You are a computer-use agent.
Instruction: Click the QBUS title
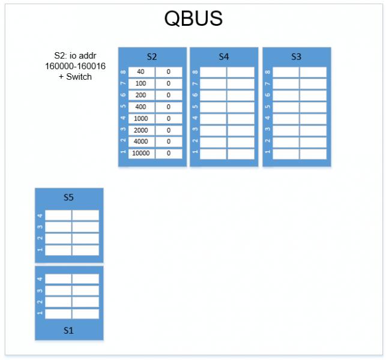tap(193, 19)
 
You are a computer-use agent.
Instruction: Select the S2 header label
tap(152, 57)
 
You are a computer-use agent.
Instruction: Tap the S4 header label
tap(224, 57)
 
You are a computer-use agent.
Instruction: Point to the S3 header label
tap(296, 57)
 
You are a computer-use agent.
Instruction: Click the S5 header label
tap(68, 197)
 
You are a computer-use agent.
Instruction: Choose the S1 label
tap(68, 330)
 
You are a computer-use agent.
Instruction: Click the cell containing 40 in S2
tap(141, 72)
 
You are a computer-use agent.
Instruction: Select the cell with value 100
tap(141, 83)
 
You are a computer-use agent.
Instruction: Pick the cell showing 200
tap(141, 95)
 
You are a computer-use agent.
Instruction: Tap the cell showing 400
tap(141, 107)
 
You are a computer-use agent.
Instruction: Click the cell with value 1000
tap(141, 118)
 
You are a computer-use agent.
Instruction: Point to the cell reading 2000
tap(141, 130)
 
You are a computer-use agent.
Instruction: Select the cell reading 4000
tap(141, 142)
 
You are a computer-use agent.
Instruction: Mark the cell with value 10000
tap(141, 154)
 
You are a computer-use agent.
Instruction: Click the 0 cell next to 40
tap(169, 72)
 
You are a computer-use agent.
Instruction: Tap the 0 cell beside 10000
tap(169, 154)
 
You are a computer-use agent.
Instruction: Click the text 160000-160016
tap(75, 66)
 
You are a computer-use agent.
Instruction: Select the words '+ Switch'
tap(75, 76)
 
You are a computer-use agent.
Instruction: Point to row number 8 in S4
tap(195, 72)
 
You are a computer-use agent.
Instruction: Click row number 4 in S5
tap(40, 215)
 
